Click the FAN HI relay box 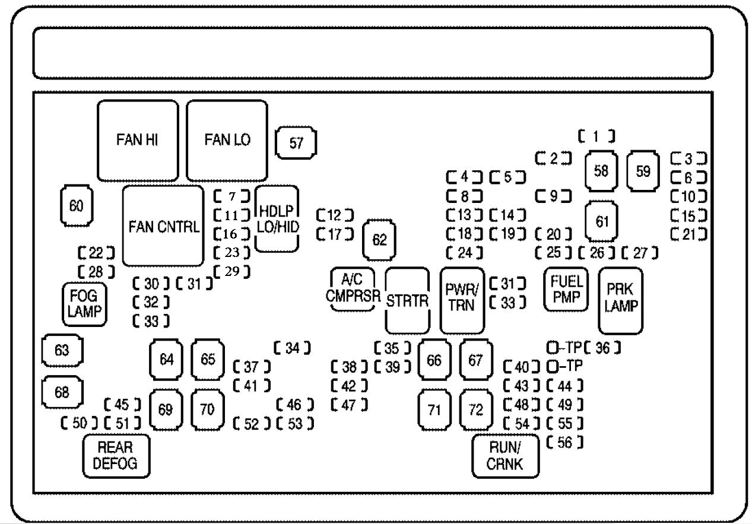[x=138, y=140]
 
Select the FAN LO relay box [x=227, y=140]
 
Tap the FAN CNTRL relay [x=163, y=226]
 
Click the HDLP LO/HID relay [x=277, y=219]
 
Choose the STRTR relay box [x=407, y=300]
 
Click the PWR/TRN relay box [x=462, y=300]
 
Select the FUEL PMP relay [x=566, y=289]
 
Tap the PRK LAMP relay [x=621, y=300]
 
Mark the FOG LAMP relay [x=85, y=304]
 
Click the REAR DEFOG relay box [x=116, y=456]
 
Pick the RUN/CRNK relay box [x=506, y=456]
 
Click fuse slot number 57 [x=296, y=143]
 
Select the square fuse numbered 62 [x=379, y=240]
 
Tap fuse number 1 [x=596, y=136]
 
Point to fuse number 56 [x=564, y=442]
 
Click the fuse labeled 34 [x=292, y=348]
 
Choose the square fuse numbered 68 [x=62, y=392]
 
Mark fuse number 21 [x=688, y=234]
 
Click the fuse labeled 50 [x=80, y=424]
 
